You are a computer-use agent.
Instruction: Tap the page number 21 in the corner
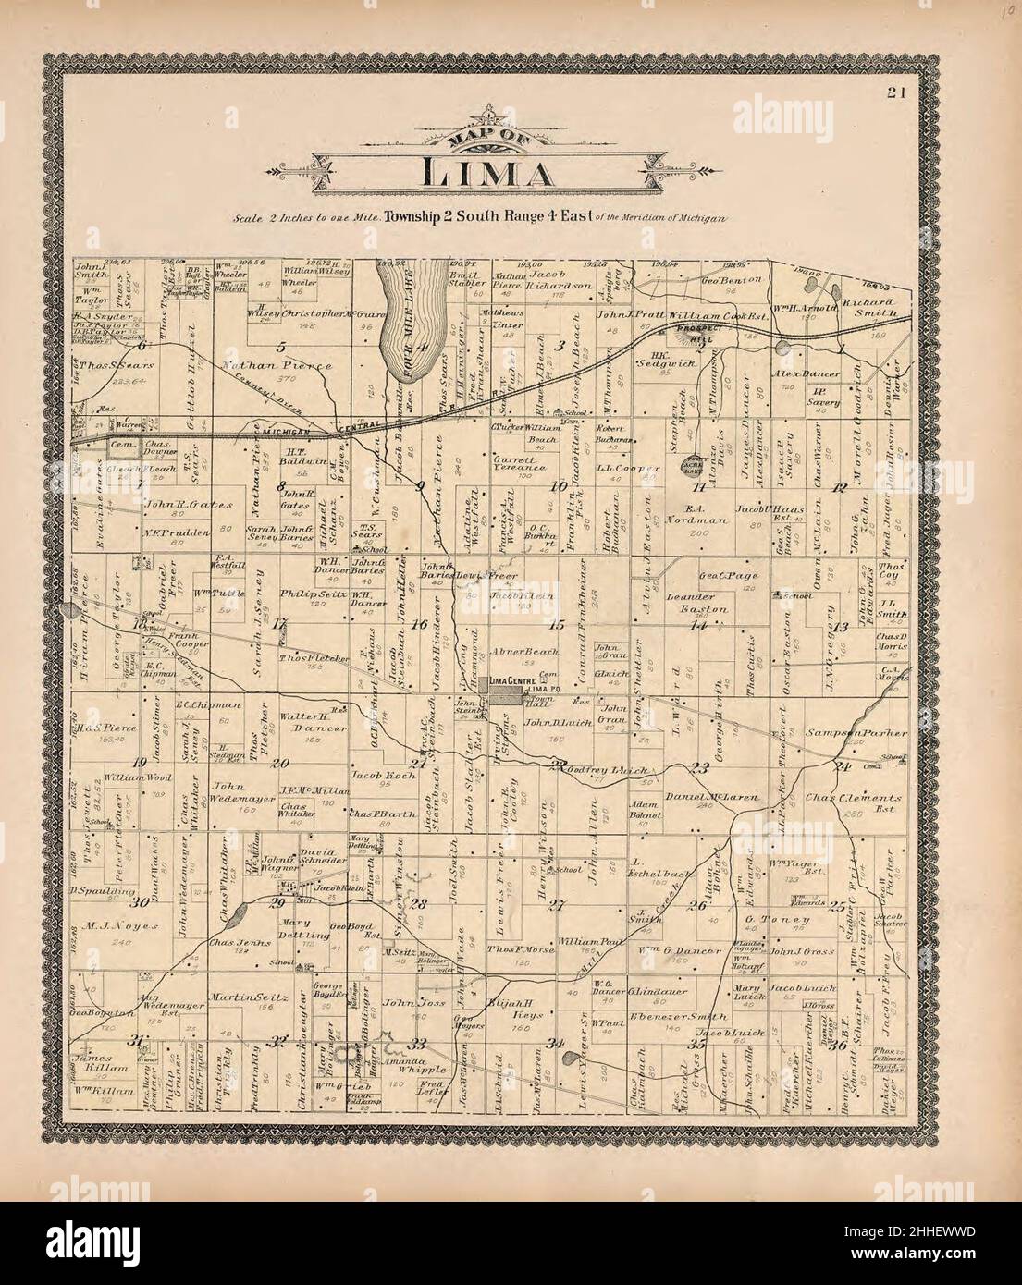894,91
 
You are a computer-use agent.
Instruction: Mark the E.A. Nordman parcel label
707,514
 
